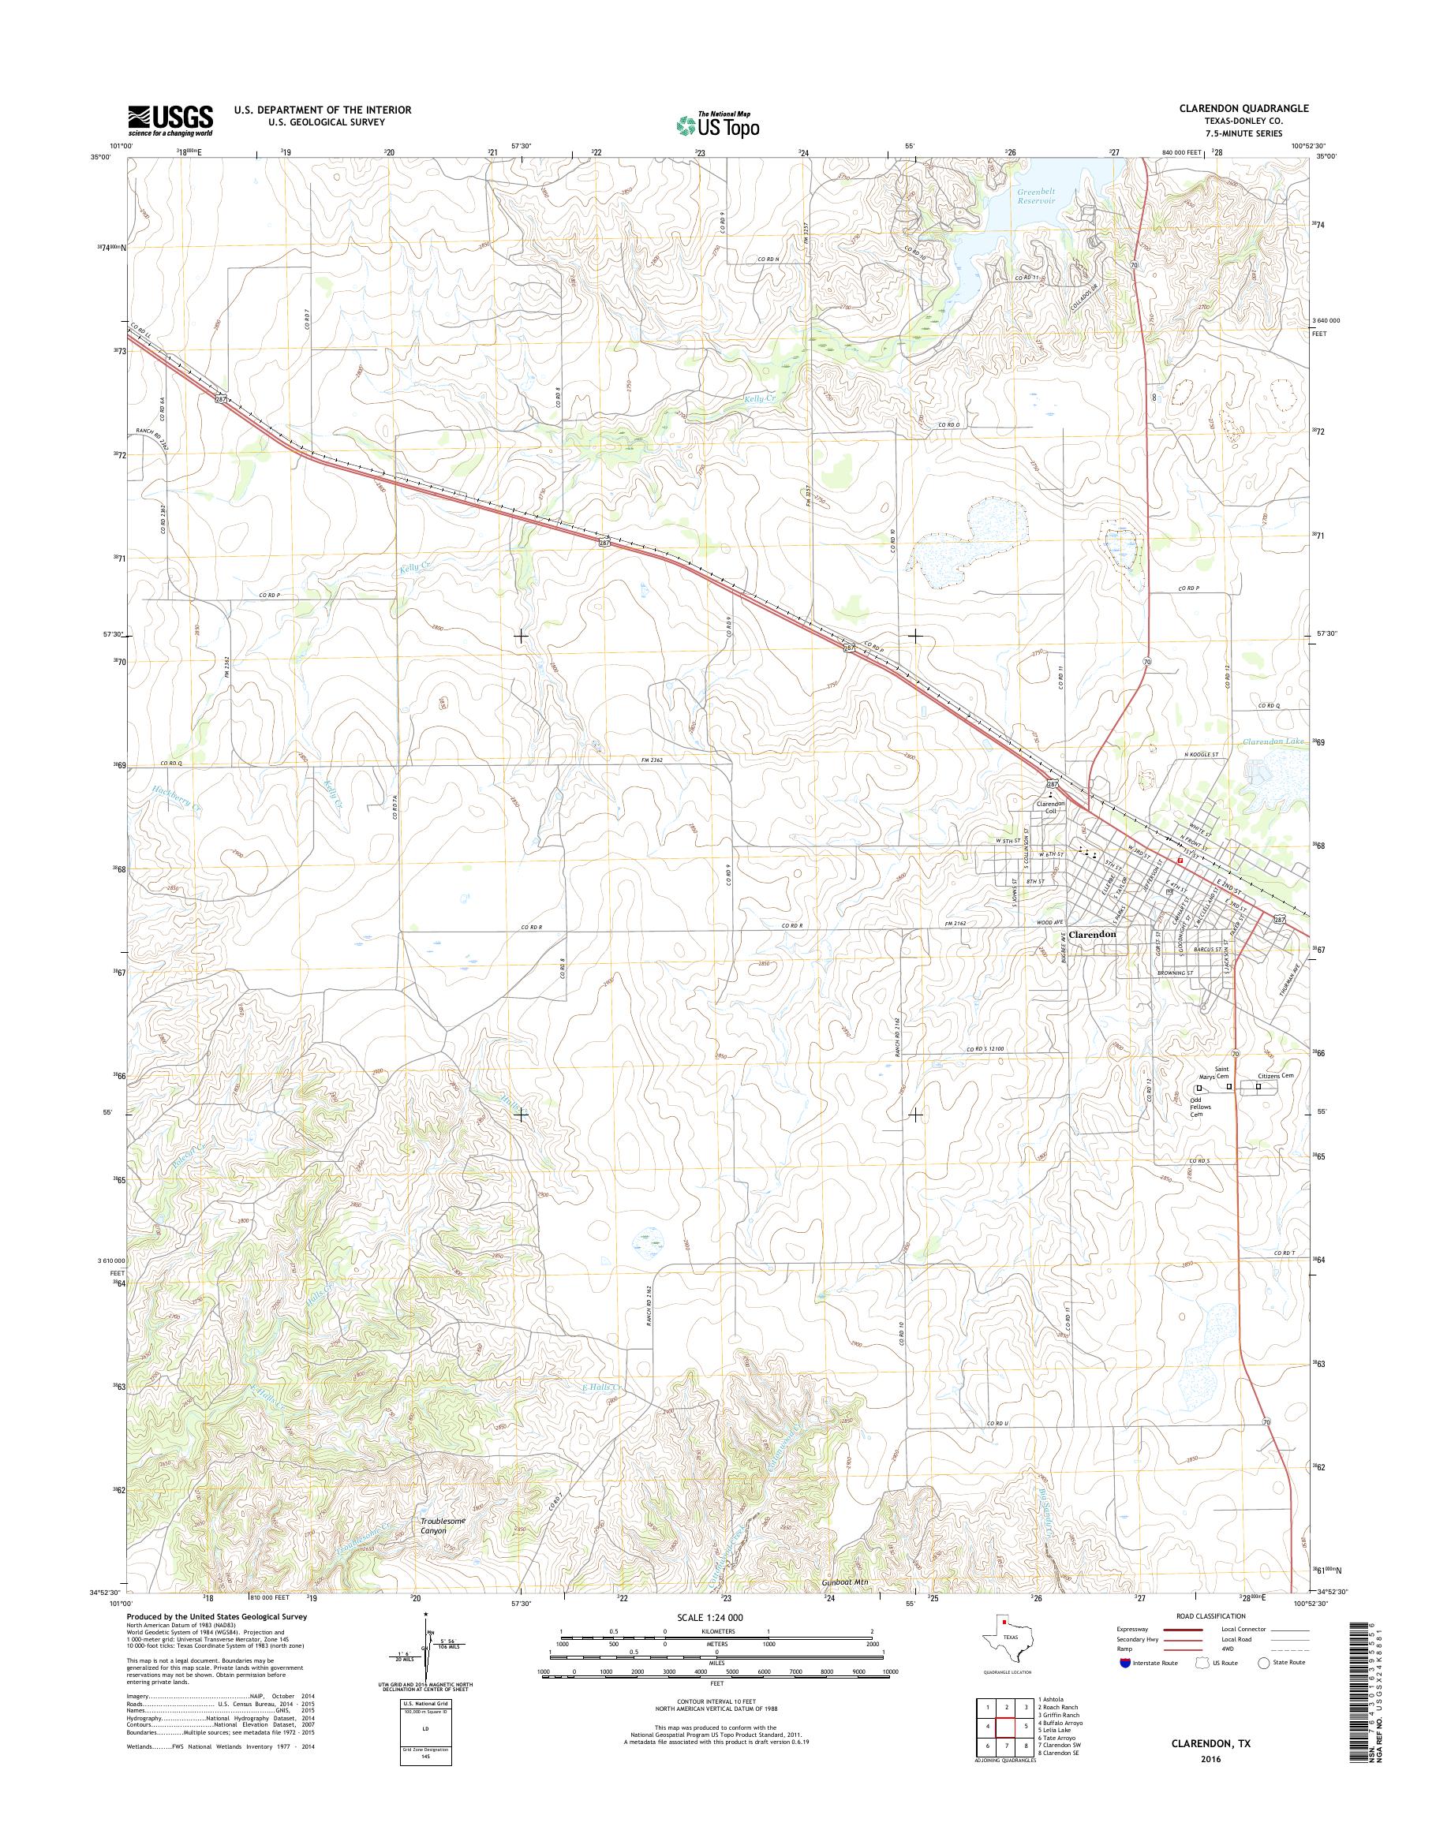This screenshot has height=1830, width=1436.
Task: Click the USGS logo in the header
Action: point(170,120)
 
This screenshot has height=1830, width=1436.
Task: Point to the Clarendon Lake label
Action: point(1273,741)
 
